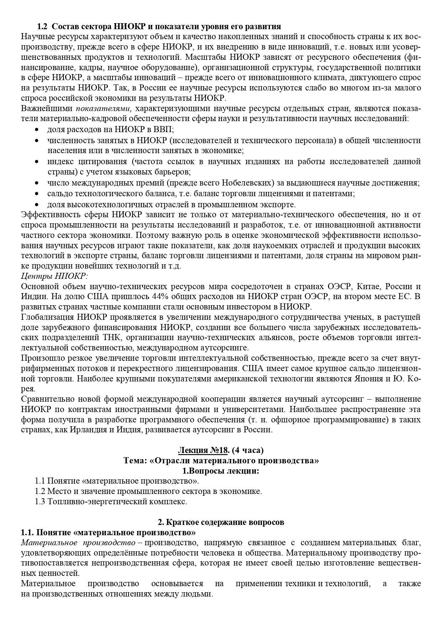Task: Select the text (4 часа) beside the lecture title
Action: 248,450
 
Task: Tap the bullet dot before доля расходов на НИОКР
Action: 37,130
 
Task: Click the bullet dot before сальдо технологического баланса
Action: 37,194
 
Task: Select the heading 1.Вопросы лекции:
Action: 221,471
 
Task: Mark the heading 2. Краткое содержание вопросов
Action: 221,522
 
